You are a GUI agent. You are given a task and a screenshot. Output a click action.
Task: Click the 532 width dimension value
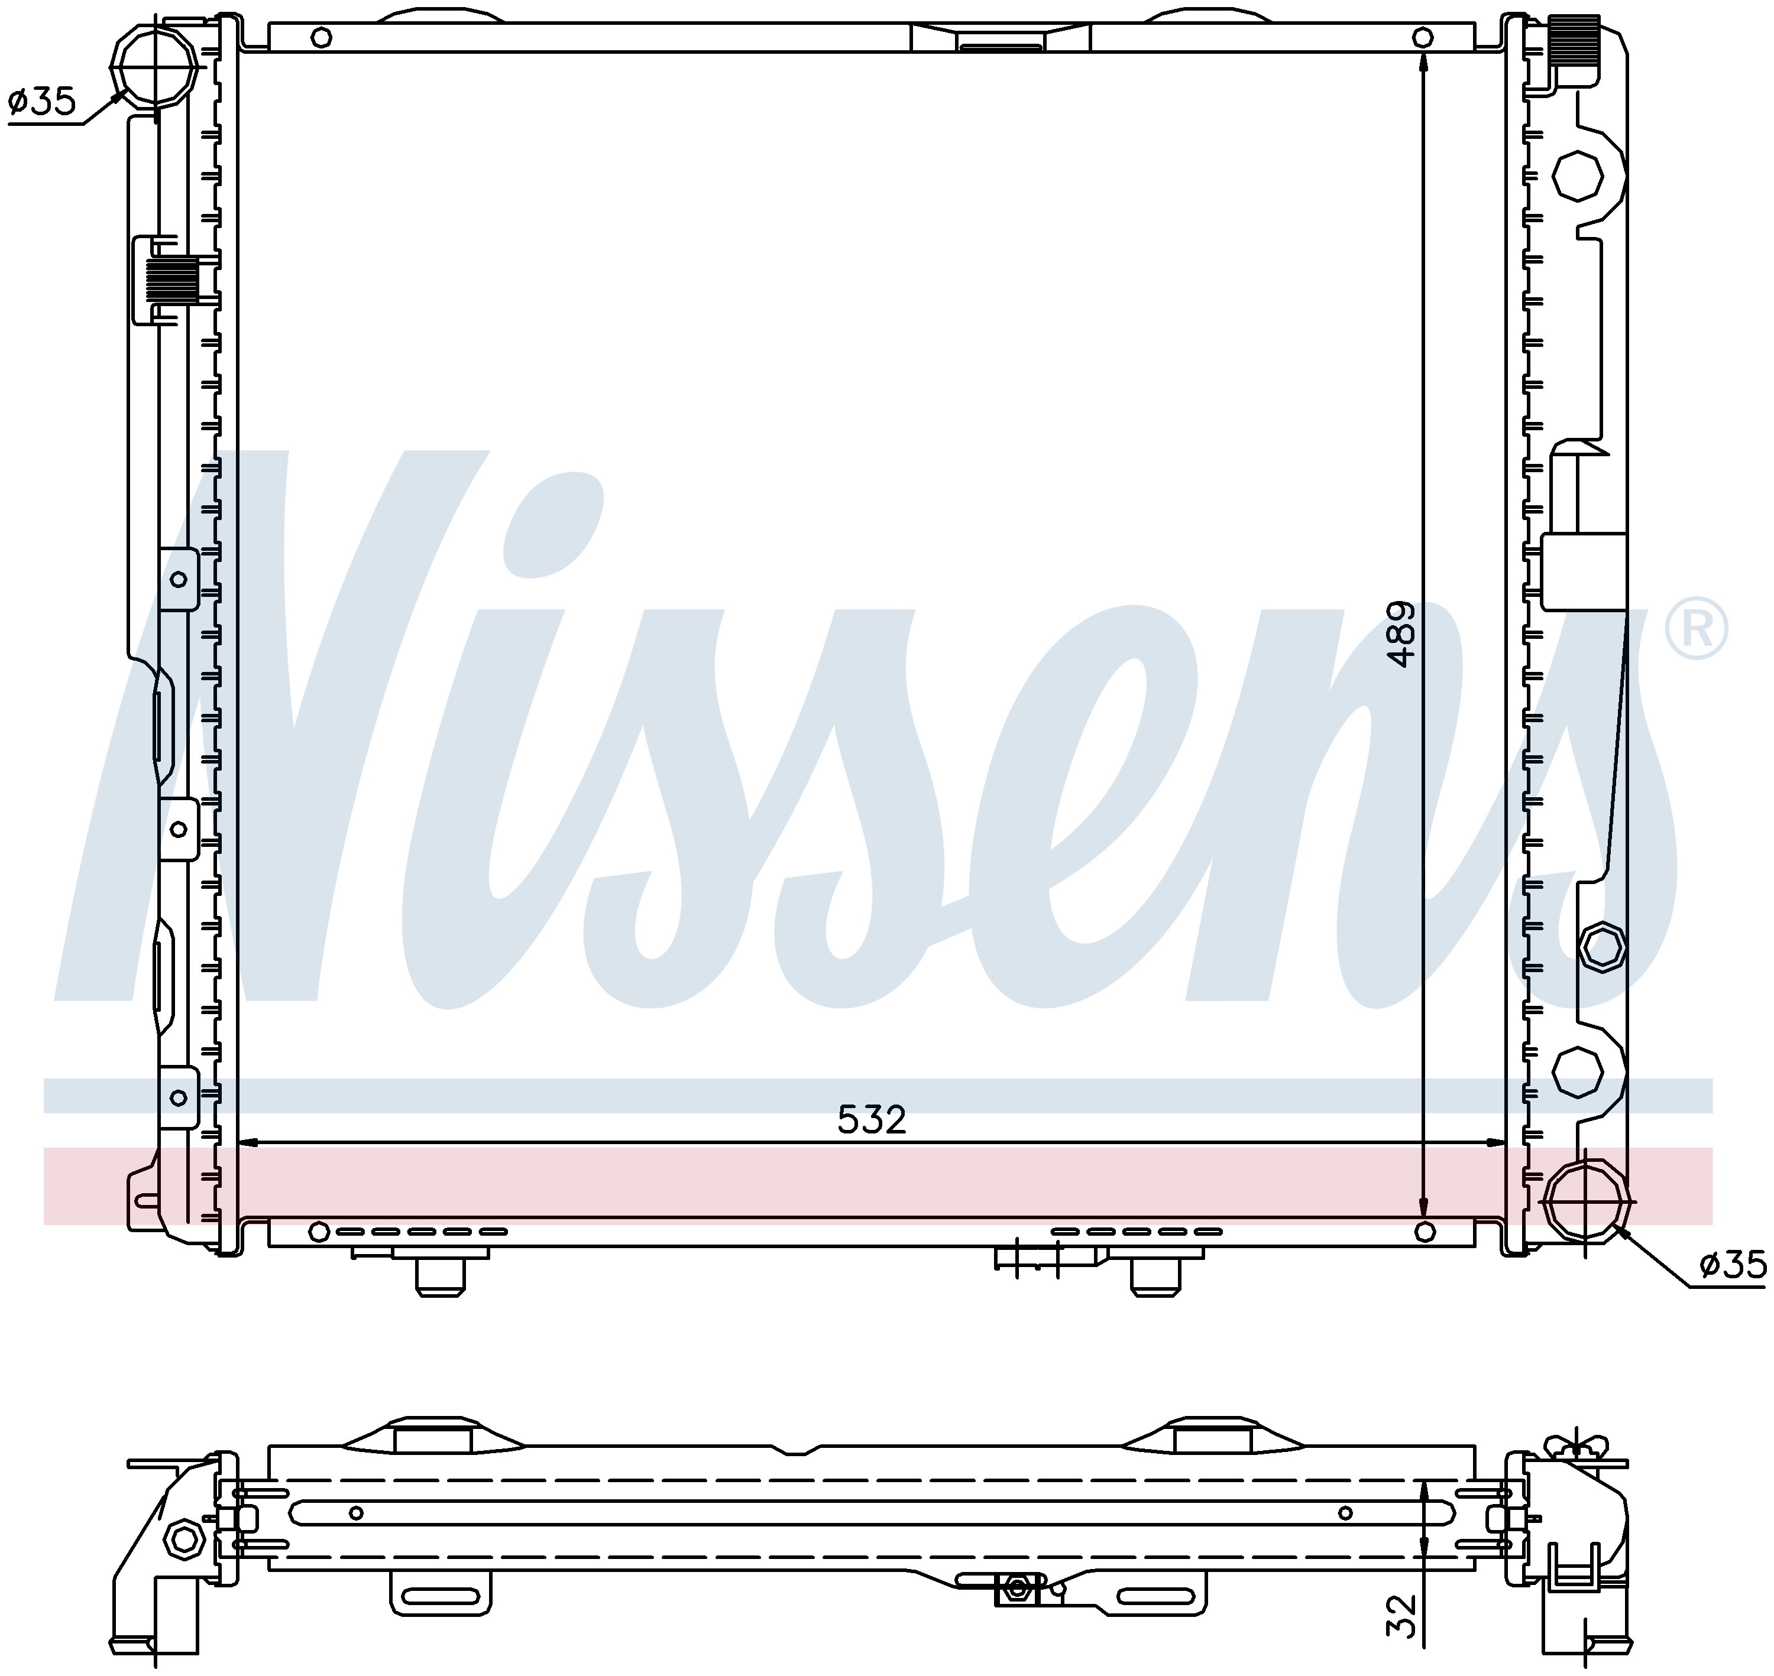click(x=872, y=1119)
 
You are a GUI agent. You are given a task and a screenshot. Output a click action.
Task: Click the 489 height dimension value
click(x=1402, y=634)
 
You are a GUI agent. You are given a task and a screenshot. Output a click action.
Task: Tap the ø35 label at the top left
click(x=42, y=102)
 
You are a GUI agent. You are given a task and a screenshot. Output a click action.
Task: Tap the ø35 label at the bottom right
click(x=1733, y=1265)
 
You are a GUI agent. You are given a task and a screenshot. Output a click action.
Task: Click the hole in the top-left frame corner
click(x=323, y=37)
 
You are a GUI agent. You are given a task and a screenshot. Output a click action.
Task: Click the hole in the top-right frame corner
click(x=1423, y=37)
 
